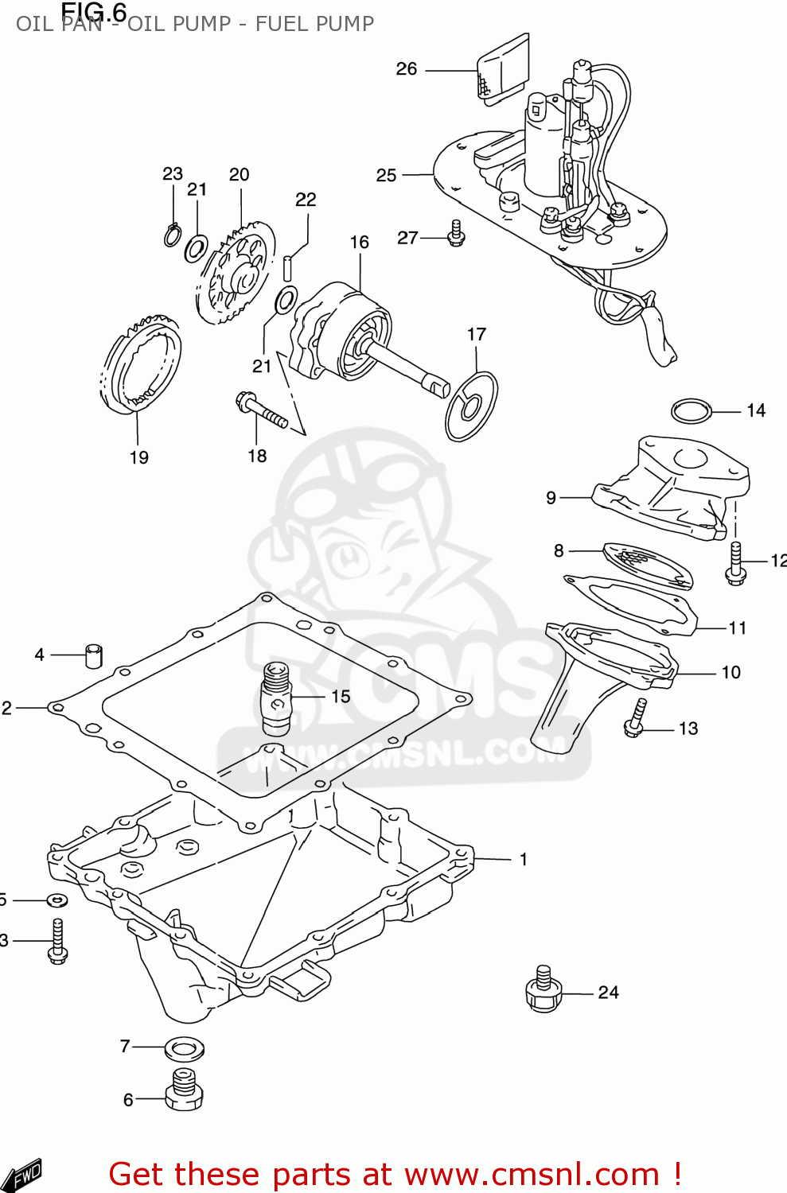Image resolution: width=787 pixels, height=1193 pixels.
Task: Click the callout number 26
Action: [x=406, y=69]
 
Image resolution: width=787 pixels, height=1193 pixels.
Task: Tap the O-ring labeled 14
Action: [x=691, y=411]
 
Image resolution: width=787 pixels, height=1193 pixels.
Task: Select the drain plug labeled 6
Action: [x=184, y=1090]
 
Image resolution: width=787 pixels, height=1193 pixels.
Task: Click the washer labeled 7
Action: [x=184, y=1048]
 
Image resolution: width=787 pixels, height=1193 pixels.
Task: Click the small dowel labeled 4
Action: [x=94, y=656]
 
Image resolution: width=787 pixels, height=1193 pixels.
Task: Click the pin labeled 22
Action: [x=289, y=266]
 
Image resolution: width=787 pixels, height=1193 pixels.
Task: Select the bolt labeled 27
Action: [x=456, y=233]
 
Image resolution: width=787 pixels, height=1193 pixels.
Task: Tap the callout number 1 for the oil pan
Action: [x=523, y=860]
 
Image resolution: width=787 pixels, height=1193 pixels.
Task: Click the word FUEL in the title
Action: [x=282, y=24]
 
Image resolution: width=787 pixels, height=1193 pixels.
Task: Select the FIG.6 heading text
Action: [x=94, y=12]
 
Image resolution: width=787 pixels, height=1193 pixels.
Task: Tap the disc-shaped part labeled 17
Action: [x=471, y=406]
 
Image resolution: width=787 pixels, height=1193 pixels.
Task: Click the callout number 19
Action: [x=138, y=457]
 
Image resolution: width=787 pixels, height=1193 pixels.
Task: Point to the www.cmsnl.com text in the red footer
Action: [x=532, y=1175]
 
